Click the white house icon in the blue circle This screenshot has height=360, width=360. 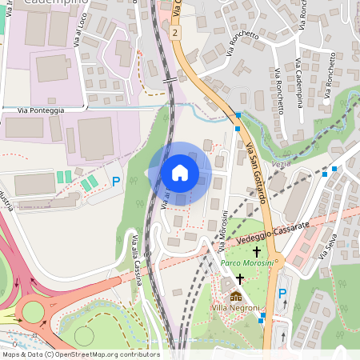180,173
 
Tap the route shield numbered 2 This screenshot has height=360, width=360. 174,32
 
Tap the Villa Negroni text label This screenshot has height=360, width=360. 234,308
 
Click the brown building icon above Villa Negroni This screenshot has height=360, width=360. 235,296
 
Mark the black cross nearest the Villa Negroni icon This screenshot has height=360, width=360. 240,279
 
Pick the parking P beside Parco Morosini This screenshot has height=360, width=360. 282,294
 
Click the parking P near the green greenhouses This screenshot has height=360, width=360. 116,182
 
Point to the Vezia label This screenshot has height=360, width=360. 282,163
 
